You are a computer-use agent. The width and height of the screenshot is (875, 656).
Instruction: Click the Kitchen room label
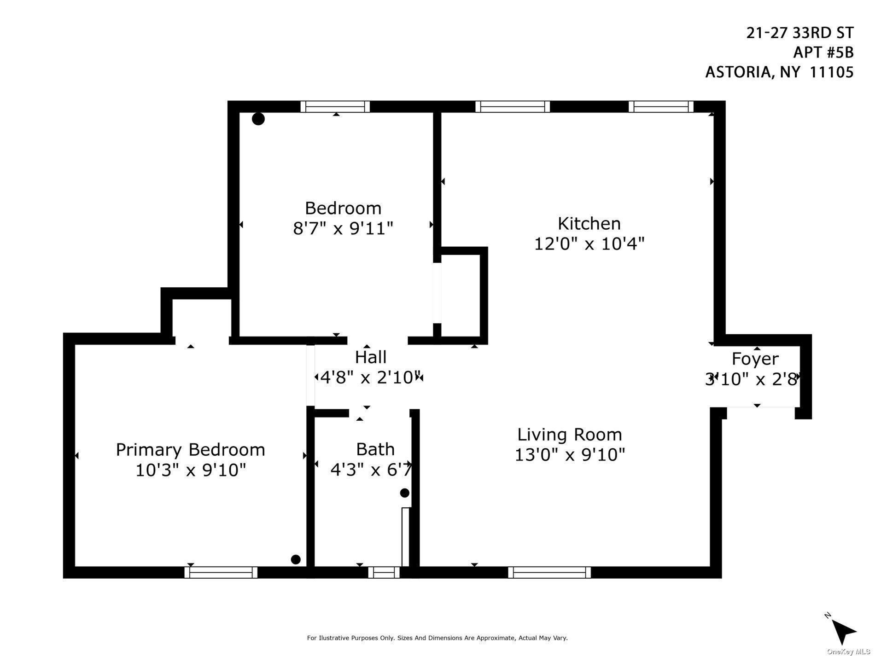(589, 224)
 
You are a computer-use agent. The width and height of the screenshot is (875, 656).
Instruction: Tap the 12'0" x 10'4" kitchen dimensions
(589, 244)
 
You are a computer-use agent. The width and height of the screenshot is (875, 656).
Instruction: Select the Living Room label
(570, 435)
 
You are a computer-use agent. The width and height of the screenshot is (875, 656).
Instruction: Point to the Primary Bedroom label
(190, 450)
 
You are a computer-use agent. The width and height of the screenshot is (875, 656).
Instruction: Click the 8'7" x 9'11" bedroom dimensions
(343, 228)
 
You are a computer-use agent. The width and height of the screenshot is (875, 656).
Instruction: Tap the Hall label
(370, 357)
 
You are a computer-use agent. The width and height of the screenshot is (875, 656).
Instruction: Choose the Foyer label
(755, 359)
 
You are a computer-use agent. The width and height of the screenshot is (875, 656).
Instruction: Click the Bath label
(375, 449)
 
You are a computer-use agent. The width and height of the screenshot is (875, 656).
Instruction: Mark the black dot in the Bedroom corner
(258, 119)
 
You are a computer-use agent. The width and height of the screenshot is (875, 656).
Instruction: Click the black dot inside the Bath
(404, 493)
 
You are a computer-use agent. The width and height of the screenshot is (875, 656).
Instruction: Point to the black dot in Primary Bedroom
(296, 559)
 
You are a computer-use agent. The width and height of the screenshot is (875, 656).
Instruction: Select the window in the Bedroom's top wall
(335, 107)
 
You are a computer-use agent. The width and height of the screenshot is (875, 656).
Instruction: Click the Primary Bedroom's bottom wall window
(221, 572)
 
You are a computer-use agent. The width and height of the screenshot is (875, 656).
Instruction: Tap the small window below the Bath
(384, 572)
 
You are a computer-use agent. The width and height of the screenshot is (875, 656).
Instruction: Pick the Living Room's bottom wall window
(549, 572)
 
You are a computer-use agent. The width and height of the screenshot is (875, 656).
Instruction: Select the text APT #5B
(823, 53)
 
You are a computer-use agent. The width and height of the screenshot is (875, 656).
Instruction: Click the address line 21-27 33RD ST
(799, 33)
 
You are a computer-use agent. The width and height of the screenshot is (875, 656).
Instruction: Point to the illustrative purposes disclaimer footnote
(437, 638)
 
